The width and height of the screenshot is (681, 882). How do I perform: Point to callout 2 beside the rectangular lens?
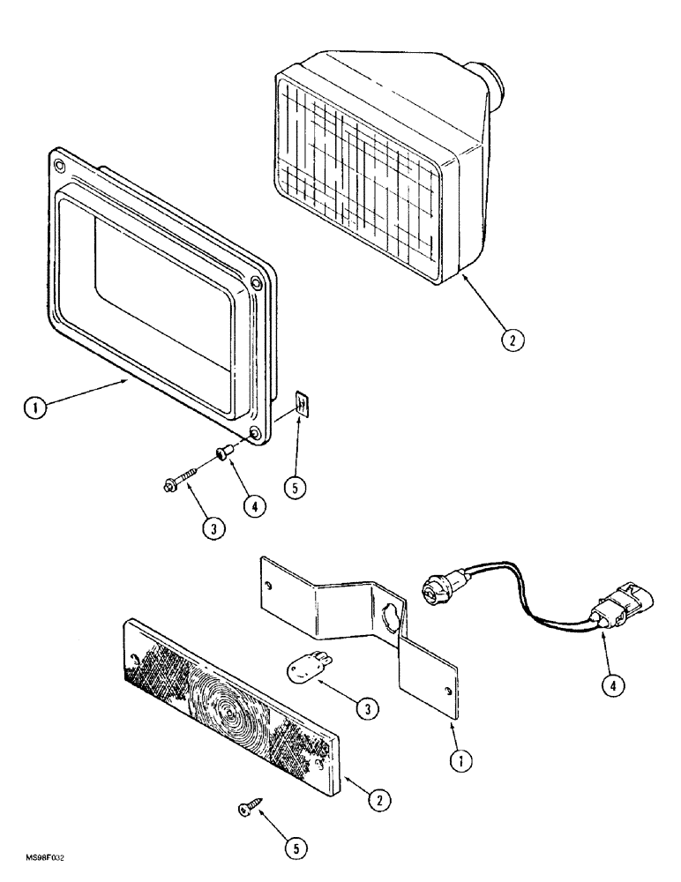[380, 801]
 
